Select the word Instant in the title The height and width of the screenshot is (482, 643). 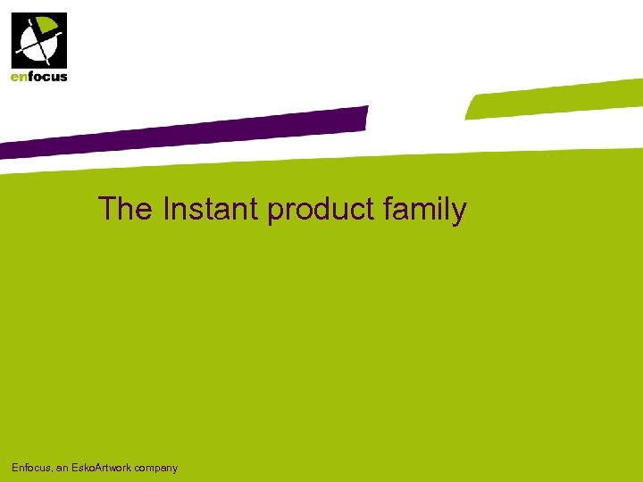click(x=212, y=209)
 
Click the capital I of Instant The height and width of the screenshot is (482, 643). click(x=167, y=209)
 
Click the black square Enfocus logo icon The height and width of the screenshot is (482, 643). click(x=38, y=41)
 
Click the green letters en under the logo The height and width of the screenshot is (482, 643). click(x=19, y=77)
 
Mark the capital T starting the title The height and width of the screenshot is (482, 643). click(x=107, y=209)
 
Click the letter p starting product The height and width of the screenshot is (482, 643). click(x=275, y=212)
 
